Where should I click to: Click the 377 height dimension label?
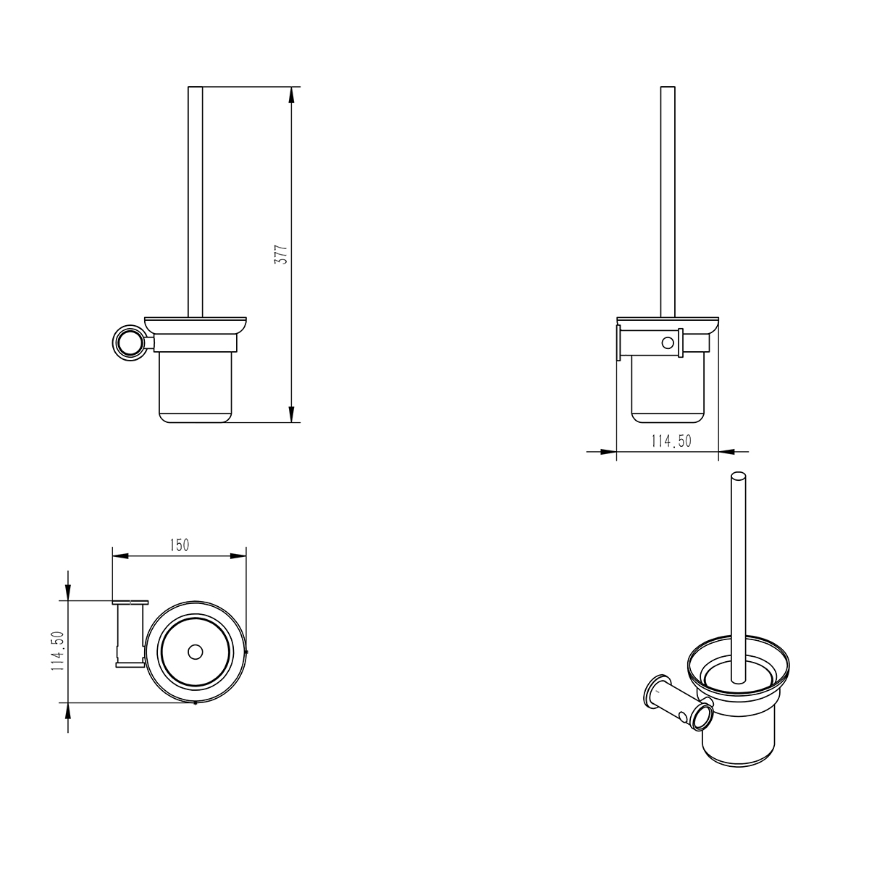point(281,255)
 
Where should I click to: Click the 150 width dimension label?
point(180,545)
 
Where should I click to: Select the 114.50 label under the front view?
point(671,440)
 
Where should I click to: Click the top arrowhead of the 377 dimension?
point(291,94)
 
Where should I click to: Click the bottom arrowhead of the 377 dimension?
point(291,414)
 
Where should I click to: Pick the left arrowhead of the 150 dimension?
point(120,556)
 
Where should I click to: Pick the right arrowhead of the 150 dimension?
point(238,556)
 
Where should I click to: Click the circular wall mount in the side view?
point(127,343)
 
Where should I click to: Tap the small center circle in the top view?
point(196,652)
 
